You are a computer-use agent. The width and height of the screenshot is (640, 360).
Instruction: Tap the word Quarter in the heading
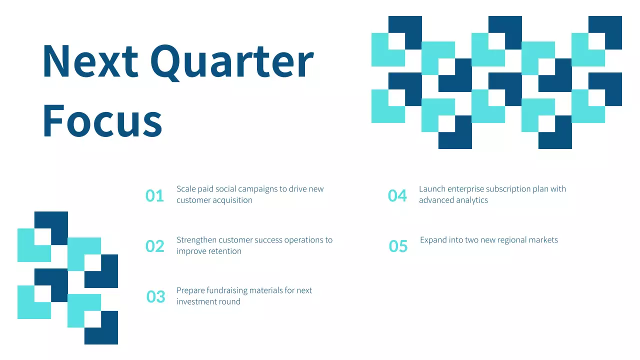(231, 62)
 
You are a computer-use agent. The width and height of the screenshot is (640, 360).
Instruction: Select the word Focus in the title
(102, 120)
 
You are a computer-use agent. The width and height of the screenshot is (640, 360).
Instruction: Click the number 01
(154, 196)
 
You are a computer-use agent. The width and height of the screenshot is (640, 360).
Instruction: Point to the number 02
(154, 246)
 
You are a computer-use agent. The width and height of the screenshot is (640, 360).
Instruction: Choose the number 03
(155, 297)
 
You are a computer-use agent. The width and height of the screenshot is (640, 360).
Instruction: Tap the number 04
(397, 196)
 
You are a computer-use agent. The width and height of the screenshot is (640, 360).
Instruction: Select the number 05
(398, 246)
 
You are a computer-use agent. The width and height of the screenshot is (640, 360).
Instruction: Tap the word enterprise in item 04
(465, 189)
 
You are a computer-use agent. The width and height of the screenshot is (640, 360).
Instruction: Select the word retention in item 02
(221, 251)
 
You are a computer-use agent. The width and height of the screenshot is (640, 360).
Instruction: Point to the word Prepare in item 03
(190, 290)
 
